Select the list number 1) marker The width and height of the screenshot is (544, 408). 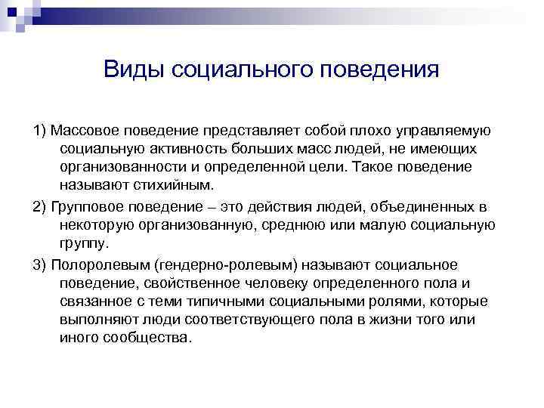40,130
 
